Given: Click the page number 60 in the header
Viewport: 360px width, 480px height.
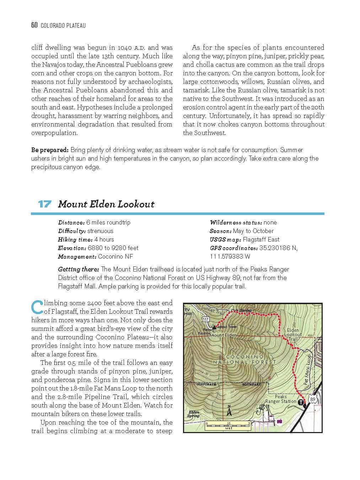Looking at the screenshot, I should tap(34, 25).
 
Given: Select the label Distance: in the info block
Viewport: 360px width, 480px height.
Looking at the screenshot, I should tap(71, 223).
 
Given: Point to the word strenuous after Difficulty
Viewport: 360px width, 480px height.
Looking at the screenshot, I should tap(100, 231).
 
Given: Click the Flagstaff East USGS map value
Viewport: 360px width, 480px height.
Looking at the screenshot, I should tap(261, 240).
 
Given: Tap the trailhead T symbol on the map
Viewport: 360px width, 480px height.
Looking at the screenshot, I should tap(301, 403).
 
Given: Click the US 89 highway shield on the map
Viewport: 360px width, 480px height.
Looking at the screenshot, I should tap(312, 400).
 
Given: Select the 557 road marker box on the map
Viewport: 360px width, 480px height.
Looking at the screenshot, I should tap(205, 319).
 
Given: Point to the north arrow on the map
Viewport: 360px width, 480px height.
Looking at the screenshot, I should tap(229, 411).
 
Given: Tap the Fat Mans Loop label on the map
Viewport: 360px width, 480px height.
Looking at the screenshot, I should tap(308, 370).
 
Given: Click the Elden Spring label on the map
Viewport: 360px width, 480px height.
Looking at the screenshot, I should tap(193, 414).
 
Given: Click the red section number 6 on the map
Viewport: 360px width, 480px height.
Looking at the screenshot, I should tap(269, 378).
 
